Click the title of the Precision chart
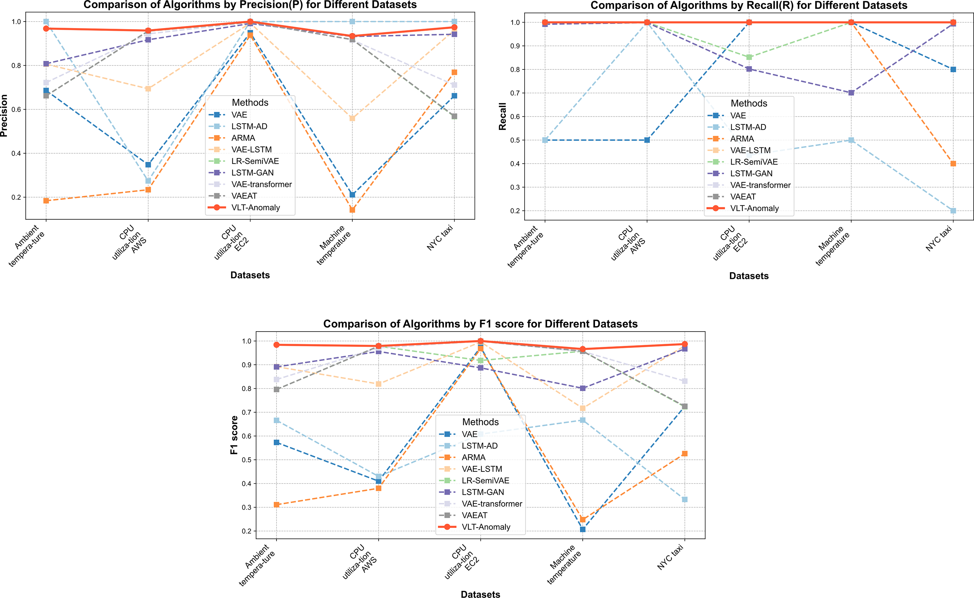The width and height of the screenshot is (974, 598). tap(250, 5)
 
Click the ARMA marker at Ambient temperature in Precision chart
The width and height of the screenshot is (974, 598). tap(46, 201)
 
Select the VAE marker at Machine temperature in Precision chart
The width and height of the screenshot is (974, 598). tap(352, 194)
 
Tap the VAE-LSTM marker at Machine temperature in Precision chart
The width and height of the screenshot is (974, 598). tap(352, 118)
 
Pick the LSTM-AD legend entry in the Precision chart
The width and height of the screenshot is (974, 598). tap(249, 126)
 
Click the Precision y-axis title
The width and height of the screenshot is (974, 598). tap(4, 116)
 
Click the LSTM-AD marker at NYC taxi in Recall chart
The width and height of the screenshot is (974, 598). tap(953, 210)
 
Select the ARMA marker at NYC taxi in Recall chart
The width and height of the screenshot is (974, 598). tap(953, 164)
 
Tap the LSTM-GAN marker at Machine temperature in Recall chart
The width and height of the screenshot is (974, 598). tap(851, 93)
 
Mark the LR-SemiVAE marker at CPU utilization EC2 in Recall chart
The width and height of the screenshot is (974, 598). tap(749, 57)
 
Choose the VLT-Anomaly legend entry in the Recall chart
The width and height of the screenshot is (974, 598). tap(754, 208)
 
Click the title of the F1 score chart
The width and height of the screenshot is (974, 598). tap(480, 324)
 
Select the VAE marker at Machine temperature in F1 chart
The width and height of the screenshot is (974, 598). tap(582, 529)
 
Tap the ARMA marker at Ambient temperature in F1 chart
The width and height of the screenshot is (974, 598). tap(277, 505)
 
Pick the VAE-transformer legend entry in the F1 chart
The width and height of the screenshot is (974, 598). tap(492, 504)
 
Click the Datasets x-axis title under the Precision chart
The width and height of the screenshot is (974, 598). tap(250, 275)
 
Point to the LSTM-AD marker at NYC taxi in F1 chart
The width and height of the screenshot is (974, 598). tap(685, 499)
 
